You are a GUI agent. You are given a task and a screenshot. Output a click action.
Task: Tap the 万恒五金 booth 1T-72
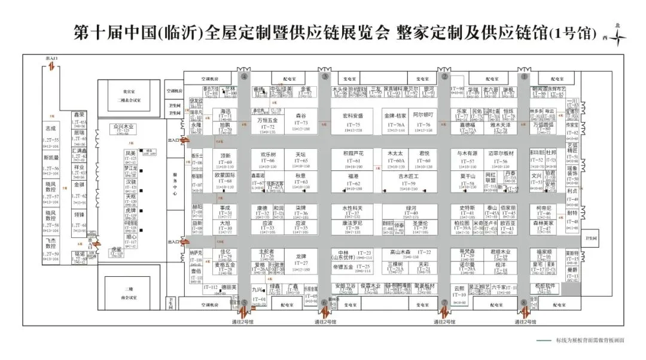(x=267, y=124)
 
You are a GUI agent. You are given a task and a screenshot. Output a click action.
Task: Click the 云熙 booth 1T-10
(x=459, y=291)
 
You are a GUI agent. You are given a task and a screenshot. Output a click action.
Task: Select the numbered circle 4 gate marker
(x=244, y=77)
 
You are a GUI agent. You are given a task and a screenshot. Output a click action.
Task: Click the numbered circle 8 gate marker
(x=524, y=303)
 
